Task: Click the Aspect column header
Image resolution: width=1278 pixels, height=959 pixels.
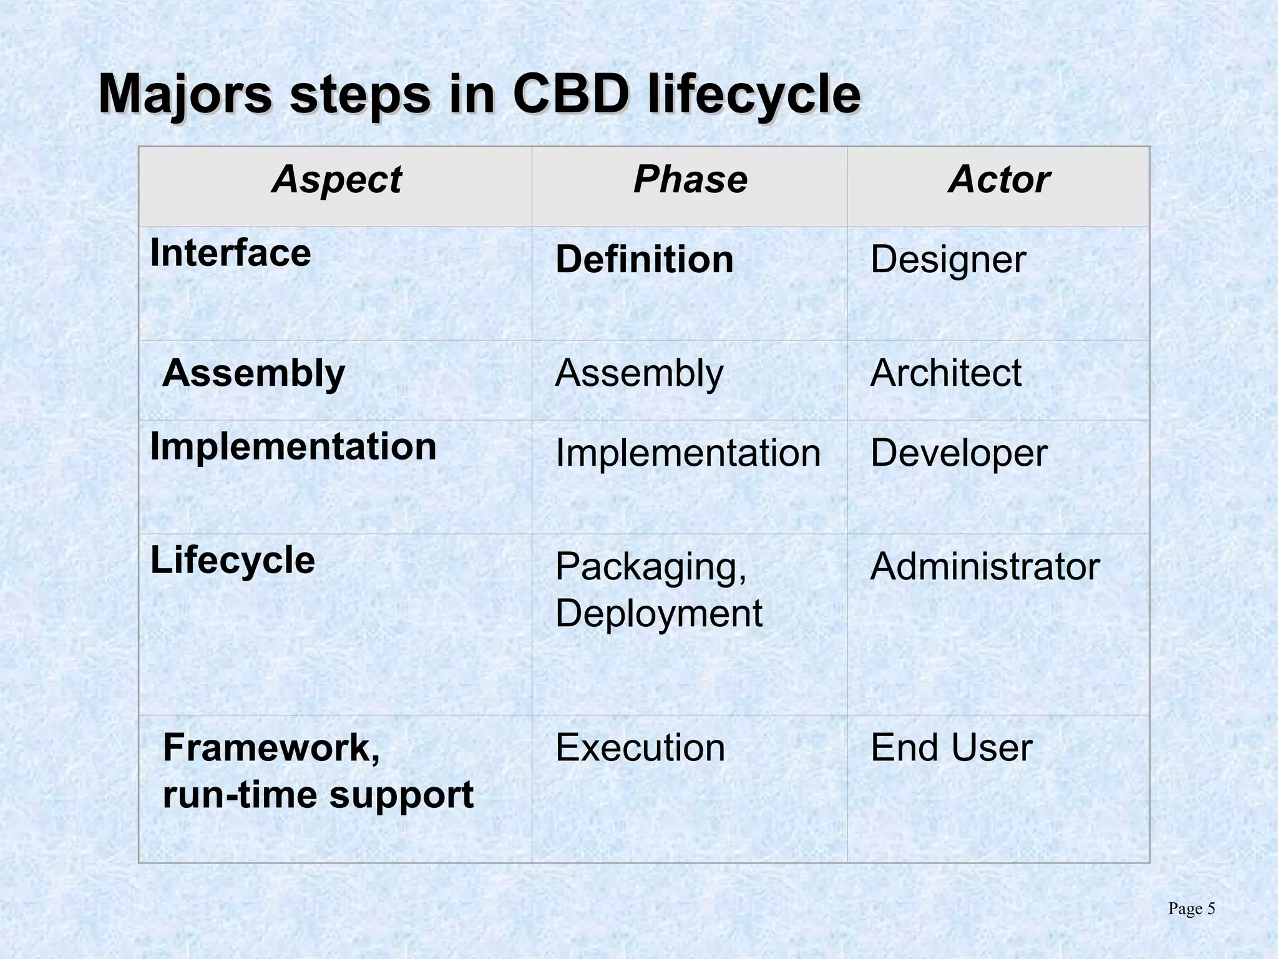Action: (x=336, y=180)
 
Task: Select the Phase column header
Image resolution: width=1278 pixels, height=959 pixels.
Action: (x=690, y=180)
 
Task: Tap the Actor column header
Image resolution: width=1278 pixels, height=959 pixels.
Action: (x=998, y=180)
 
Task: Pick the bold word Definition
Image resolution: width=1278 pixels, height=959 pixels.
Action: (x=644, y=259)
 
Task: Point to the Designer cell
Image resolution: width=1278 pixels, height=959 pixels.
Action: (x=947, y=259)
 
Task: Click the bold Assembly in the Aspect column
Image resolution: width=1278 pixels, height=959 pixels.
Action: (x=253, y=373)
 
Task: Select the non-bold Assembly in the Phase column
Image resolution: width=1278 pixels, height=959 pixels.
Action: (x=639, y=373)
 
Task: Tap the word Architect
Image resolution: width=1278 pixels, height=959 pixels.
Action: (x=945, y=373)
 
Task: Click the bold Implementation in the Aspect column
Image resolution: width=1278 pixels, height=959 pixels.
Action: (x=293, y=446)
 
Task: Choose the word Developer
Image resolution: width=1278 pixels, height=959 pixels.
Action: (x=958, y=453)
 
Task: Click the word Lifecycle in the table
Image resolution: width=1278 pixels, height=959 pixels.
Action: (x=232, y=559)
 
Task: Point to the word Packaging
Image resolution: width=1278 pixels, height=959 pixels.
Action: (x=650, y=566)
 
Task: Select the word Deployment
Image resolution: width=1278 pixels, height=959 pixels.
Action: (x=658, y=613)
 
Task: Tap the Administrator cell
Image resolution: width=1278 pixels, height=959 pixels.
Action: (x=985, y=566)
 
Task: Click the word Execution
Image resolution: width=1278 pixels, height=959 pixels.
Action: (x=640, y=747)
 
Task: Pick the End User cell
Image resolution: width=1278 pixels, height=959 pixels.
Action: (x=951, y=747)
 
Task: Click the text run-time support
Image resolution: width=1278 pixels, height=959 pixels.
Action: (x=318, y=795)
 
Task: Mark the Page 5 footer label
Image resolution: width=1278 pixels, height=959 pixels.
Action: (x=1191, y=909)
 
